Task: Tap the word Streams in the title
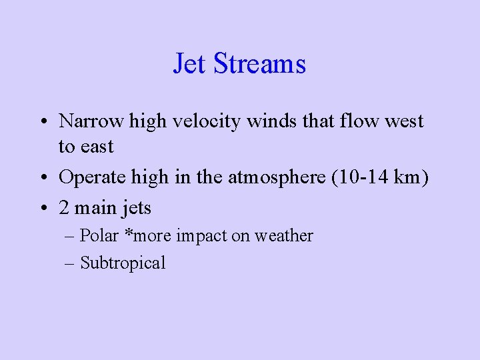click(x=260, y=64)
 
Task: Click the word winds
click(x=271, y=121)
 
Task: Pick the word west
click(x=402, y=121)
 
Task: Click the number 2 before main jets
click(x=64, y=208)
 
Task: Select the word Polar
click(x=97, y=235)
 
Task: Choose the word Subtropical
click(x=123, y=263)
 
